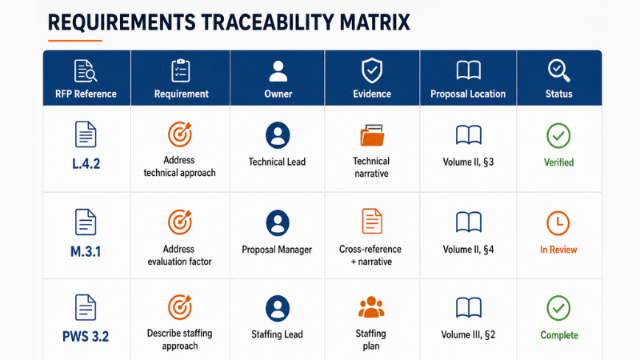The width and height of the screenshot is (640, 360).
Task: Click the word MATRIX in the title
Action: point(374,22)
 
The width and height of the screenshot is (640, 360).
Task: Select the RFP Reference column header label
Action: point(86,94)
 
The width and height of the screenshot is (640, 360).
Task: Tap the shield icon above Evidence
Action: point(372,70)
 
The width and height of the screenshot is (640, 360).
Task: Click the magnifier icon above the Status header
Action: point(558,70)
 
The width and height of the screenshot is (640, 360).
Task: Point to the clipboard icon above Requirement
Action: point(181,70)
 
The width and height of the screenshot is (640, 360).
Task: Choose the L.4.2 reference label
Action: point(86,164)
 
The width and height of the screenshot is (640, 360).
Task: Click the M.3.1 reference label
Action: point(86,251)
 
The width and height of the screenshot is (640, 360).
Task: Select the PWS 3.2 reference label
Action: point(86,336)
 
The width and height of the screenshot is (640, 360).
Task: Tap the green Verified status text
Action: point(558,162)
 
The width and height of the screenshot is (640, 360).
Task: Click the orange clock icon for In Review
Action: point(558,223)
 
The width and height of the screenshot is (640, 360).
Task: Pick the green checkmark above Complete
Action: point(558,308)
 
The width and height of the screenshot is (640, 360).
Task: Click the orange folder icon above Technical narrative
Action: point(372,135)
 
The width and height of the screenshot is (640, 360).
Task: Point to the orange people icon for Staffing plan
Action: point(371,307)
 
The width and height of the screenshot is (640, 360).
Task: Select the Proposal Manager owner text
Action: point(277,250)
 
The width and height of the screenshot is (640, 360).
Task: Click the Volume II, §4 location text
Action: point(468,250)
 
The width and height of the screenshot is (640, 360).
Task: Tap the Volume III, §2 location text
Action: point(468,334)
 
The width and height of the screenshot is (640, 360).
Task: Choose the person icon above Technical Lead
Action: point(278,135)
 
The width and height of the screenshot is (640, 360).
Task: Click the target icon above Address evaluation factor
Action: point(180,222)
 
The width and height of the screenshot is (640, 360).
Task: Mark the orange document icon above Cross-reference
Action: point(372,221)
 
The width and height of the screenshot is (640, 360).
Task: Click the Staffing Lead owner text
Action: point(277,334)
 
